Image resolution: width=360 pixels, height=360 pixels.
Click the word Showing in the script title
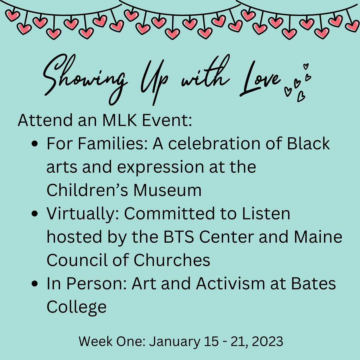[x=85, y=78]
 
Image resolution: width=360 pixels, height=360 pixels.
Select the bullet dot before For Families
[x=34, y=144]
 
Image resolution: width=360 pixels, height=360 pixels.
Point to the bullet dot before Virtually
[x=34, y=214]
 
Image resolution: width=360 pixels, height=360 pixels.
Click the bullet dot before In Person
[x=34, y=284]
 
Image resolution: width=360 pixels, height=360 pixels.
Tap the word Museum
[x=167, y=190]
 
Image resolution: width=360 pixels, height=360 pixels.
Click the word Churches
[x=172, y=260]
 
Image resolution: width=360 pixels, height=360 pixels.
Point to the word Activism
[x=231, y=283]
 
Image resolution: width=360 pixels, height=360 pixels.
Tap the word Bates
[x=313, y=284]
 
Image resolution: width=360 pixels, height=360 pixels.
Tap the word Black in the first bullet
[x=308, y=143]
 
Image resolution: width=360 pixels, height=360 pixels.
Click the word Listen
[x=266, y=214]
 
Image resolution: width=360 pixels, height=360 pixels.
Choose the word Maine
[x=318, y=237]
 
